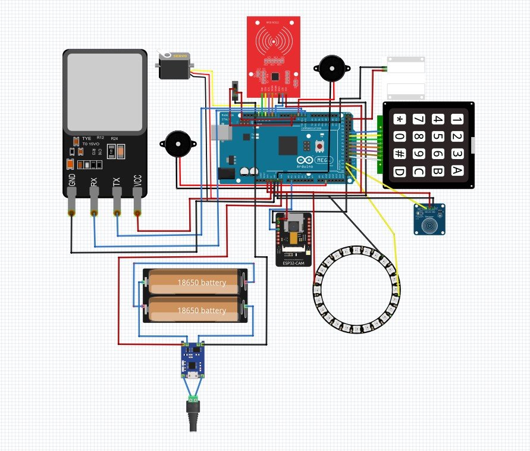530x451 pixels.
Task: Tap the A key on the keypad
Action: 456,172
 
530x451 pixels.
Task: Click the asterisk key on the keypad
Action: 399,119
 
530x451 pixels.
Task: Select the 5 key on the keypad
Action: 438,137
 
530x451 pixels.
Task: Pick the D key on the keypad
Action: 399,172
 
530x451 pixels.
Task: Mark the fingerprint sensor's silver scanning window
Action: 105,92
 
